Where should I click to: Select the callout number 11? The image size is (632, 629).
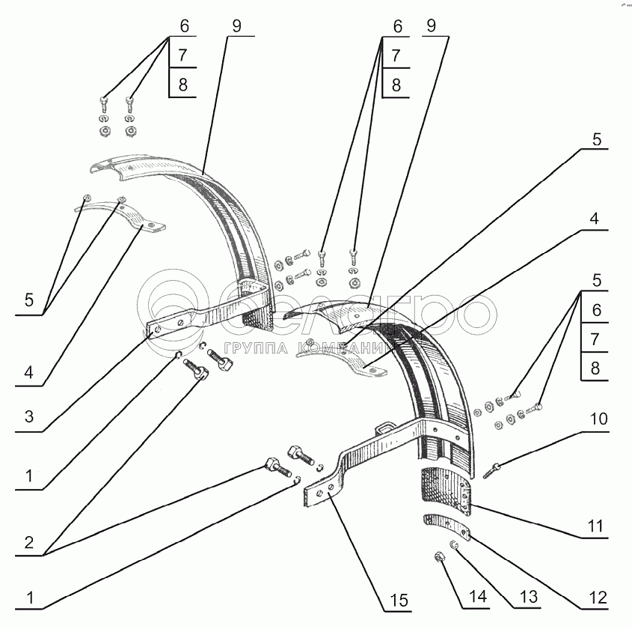point(595,527)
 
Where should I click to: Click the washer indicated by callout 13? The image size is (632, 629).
point(455,544)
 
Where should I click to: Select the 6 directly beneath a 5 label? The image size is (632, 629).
point(596,309)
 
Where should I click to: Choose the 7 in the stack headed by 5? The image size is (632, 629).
point(596,338)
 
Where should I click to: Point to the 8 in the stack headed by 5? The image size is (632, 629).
point(596,368)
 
